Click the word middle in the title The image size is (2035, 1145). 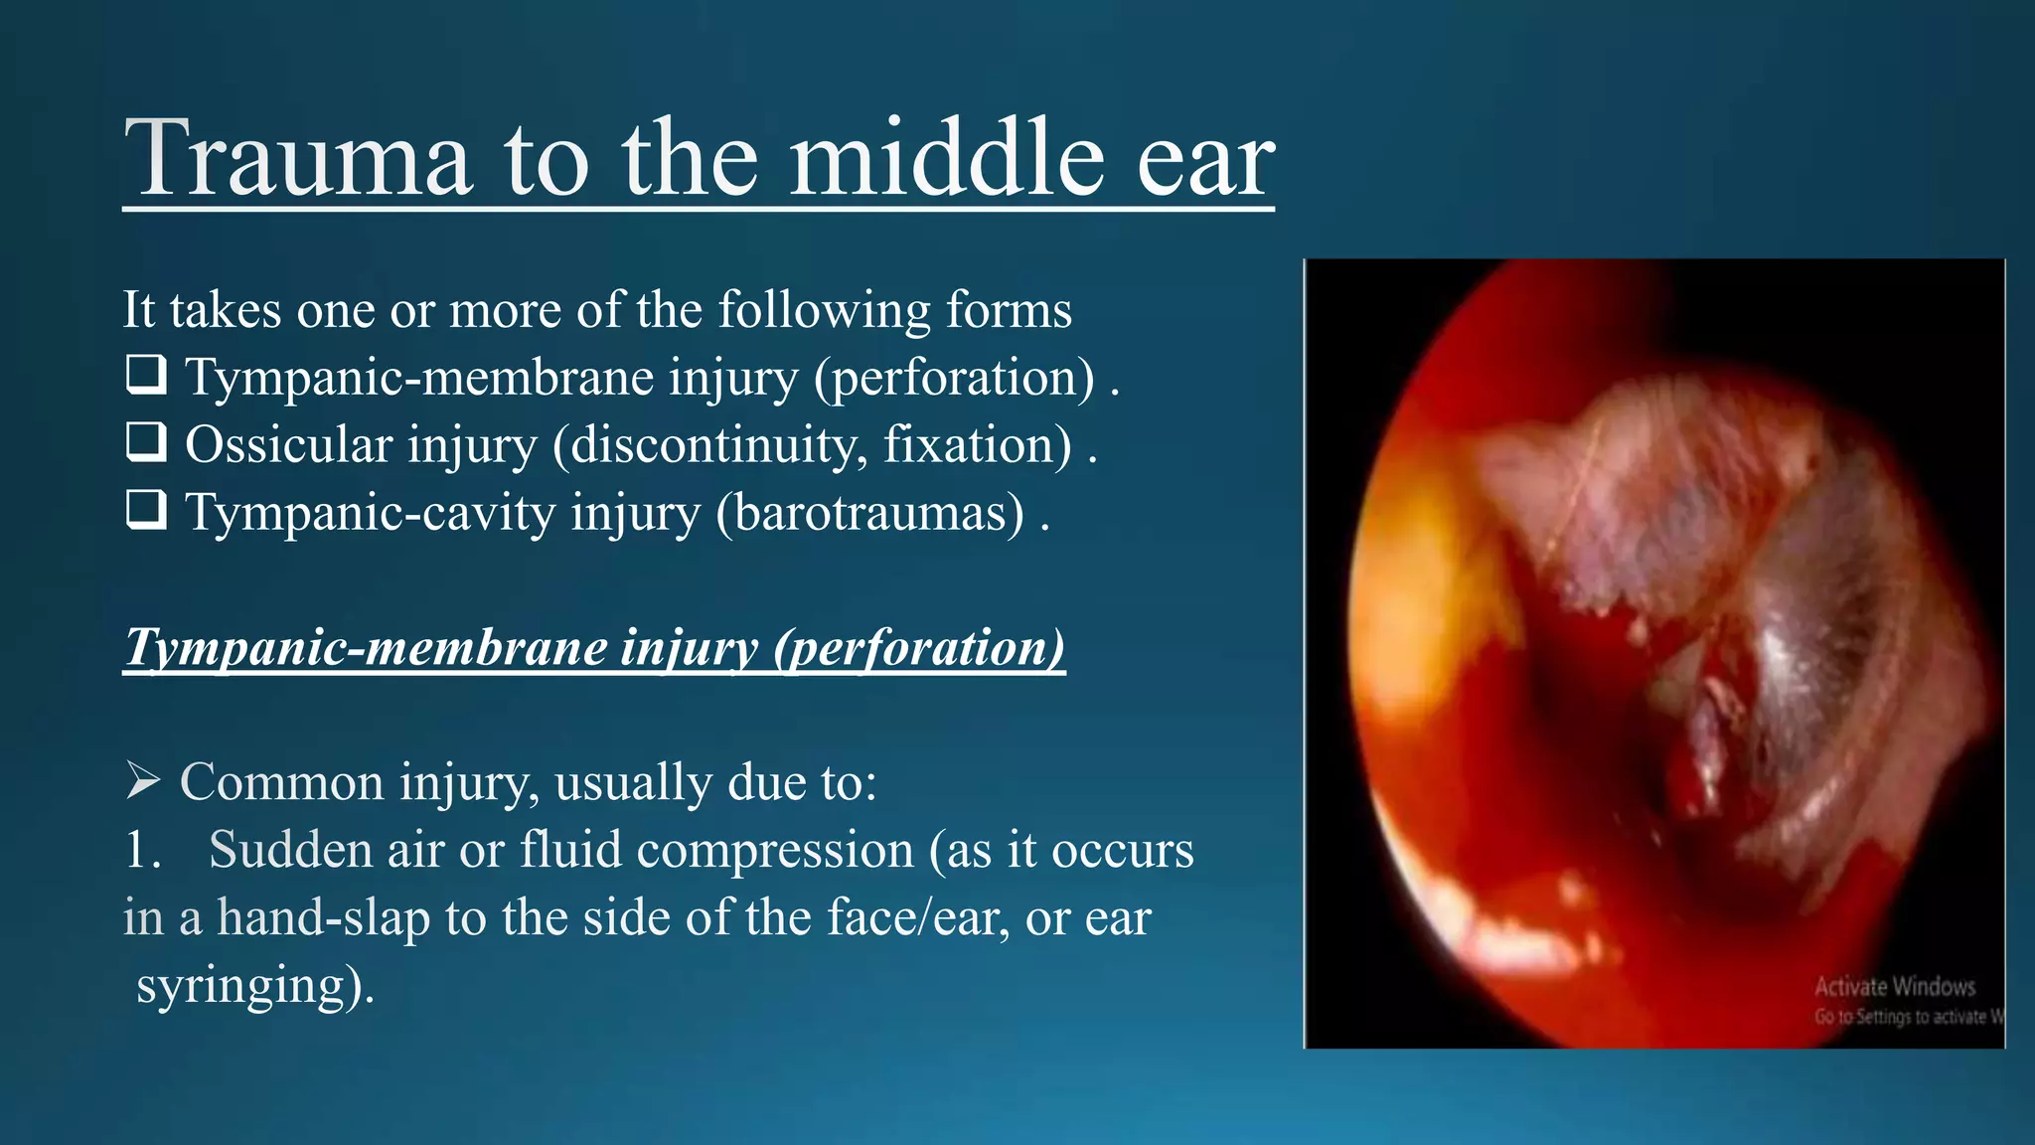coord(946,159)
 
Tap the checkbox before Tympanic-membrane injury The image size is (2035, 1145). coord(146,376)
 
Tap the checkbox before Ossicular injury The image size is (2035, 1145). coord(146,443)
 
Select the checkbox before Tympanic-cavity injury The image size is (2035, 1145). coord(146,511)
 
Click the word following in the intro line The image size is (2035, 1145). coord(824,310)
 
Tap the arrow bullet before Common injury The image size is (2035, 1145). coord(143,781)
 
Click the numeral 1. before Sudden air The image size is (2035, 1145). coord(143,851)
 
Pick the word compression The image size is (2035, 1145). coord(774,851)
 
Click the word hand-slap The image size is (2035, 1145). coord(323,917)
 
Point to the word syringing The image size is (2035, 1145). coord(254,986)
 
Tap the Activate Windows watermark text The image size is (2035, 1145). coord(1894,986)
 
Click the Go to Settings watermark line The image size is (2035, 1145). coord(1908,1016)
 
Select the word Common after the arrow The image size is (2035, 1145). coord(281,782)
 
